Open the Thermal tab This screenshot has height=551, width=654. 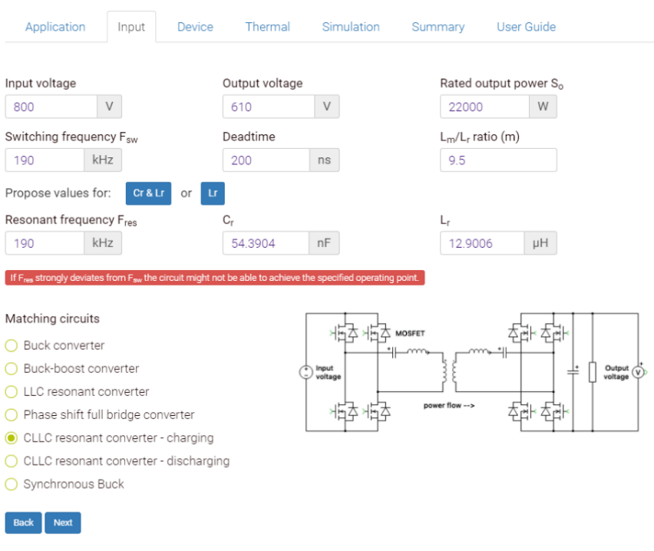click(267, 27)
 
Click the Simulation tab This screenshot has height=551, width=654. click(350, 27)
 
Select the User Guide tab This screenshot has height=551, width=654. click(526, 27)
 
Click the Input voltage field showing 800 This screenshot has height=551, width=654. click(51, 107)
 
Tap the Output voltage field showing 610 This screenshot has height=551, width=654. click(268, 107)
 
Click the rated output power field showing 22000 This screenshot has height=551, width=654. click(484, 107)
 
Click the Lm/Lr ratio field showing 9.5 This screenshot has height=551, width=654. click(498, 160)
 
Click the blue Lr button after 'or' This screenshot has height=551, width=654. click(213, 193)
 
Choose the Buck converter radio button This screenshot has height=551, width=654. click(12, 345)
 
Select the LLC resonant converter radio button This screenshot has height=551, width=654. click(12, 391)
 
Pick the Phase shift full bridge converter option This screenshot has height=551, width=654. click(12, 414)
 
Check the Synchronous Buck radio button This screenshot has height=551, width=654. click(12, 484)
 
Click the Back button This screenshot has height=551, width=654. click(24, 523)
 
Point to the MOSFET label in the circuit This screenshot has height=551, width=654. click(410, 333)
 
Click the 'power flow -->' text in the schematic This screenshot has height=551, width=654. click(449, 405)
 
